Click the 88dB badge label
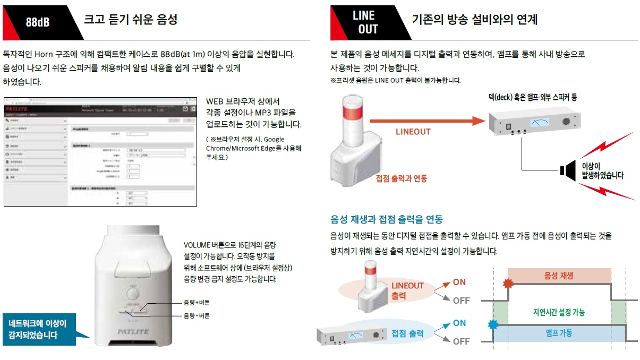tap(38, 23)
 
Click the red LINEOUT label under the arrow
tap(413, 132)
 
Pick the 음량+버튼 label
tap(197, 303)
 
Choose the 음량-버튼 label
tap(197, 316)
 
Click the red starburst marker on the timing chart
tap(508, 284)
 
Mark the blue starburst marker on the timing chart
tap(492, 324)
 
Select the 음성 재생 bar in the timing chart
tap(559, 276)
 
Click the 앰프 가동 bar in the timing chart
tap(559, 333)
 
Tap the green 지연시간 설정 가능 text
tap(559, 313)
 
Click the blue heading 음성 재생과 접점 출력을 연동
tap(386, 219)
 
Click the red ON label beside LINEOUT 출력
tap(459, 282)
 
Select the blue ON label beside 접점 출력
tap(459, 323)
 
